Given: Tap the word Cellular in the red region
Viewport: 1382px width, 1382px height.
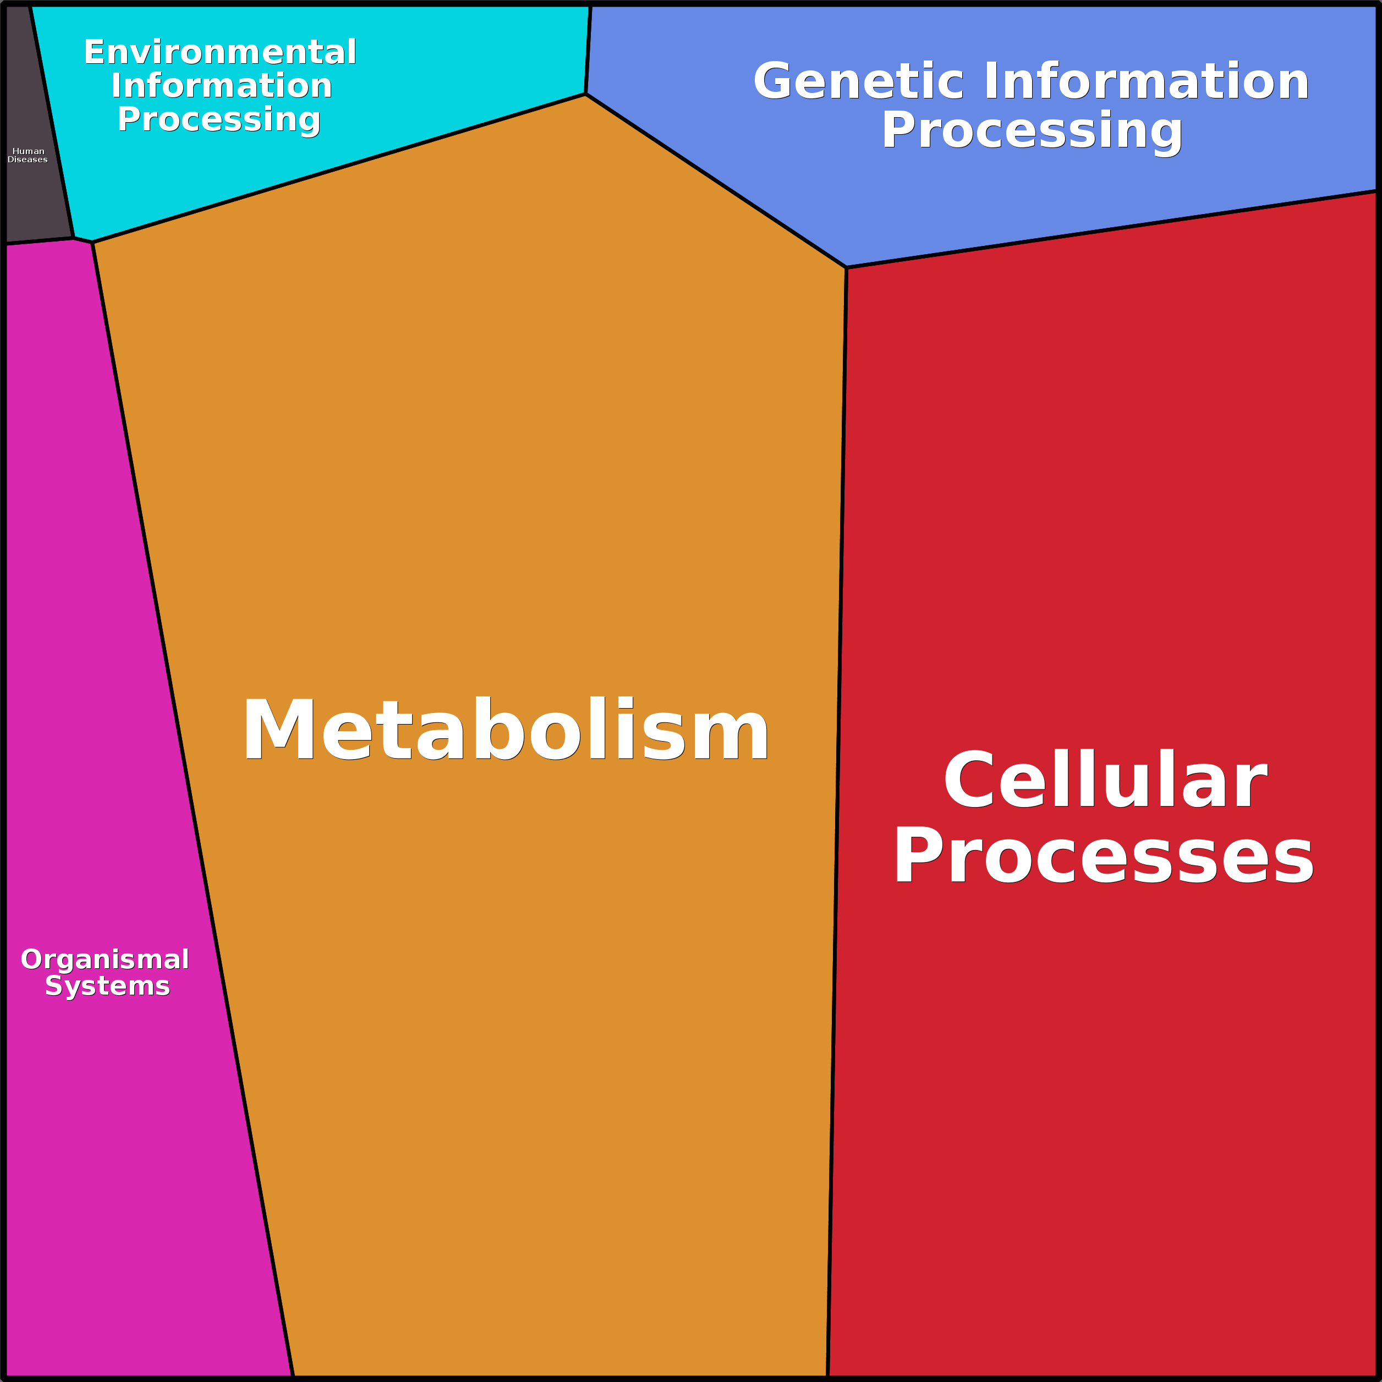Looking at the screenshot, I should pyautogui.click(x=1105, y=781).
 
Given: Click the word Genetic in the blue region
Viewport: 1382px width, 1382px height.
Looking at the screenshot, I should pyautogui.click(x=858, y=81).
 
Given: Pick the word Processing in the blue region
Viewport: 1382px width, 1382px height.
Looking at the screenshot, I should pyautogui.click(x=1032, y=130).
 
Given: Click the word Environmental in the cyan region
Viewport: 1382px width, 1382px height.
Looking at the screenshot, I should pyautogui.click(x=220, y=52).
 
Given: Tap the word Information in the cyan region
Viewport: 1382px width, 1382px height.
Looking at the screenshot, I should pyautogui.click(x=222, y=86).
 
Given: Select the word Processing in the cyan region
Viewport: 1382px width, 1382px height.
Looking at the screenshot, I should pyautogui.click(x=219, y=119).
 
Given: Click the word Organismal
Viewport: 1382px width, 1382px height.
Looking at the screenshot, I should pyautogui.click(x=105, y=959).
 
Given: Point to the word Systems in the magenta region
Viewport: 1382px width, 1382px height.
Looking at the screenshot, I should pyautogui.click(x=107, y=986).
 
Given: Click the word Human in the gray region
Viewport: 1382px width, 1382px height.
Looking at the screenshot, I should pyautogui.click(x=29, y=151).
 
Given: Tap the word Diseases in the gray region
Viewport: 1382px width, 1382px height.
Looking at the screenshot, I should pyautogui.click(x=28, y=160).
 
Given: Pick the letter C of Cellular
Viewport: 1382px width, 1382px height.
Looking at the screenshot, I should pyautogui.click(x=968, y=781).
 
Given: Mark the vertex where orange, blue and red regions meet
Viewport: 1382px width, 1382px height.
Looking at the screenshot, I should pyautogui.click(x=846, y=267).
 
